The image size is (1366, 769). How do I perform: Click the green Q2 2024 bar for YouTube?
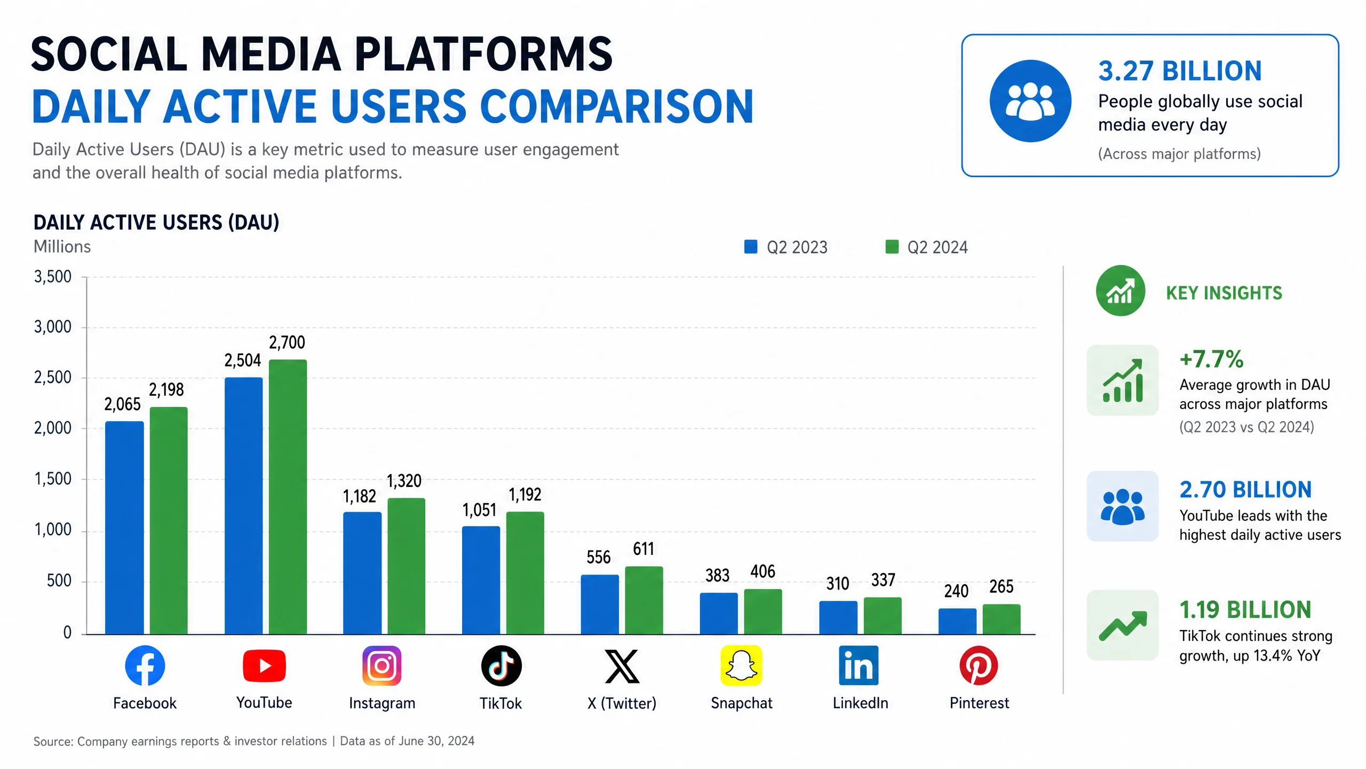click(x=288, y=497)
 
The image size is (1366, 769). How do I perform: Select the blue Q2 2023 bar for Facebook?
click(x=124, y=528)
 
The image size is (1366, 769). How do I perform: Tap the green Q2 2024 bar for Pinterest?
click(x=1002, y=619)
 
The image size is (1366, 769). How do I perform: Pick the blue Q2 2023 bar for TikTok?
click(x=481, y=580)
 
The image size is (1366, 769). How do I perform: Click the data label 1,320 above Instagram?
click(x=404, y=481)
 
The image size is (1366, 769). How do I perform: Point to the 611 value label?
click(x=644, y=549)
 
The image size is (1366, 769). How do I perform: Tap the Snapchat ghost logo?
click(x=741, y=665)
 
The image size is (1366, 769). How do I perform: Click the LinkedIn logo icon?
click(x=859, y=665)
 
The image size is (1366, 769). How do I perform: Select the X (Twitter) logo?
click(x=622, y=666)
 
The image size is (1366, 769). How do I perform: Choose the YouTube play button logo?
click(x=264, y=666)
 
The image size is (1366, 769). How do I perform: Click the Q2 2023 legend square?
click(x=751, y=247)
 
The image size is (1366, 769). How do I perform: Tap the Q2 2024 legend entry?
click(x=926, y=247)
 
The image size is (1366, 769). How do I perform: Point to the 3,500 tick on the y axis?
click(x=52, y=277)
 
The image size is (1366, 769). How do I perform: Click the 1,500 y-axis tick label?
click(x=52, y=479)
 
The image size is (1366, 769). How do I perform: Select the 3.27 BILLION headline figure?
click(x=1180, y=71)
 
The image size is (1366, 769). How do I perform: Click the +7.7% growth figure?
click(x=1211, y=359)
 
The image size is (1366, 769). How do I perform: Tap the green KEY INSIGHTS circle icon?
click(x=1121, y=291)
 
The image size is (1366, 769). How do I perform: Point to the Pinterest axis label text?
click(x=979, y=703)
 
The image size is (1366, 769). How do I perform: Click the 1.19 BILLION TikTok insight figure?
click(x=1245, y=610)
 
